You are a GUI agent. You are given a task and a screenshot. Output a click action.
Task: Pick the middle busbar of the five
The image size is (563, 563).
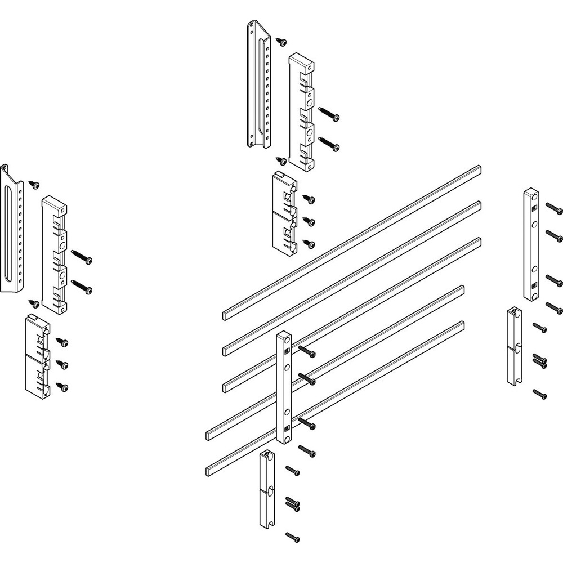coord(352,313)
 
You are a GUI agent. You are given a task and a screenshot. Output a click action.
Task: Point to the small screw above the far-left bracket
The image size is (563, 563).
coord(35,184)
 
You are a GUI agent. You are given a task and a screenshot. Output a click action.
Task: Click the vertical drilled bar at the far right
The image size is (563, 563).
coord(531,244)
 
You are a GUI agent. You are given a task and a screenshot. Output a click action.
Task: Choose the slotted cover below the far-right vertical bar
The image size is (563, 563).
coord(513,346)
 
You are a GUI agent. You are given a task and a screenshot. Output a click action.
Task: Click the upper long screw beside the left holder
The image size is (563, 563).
coord(83,258)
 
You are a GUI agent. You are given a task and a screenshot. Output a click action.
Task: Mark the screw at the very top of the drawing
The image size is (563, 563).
coord(281,41)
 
